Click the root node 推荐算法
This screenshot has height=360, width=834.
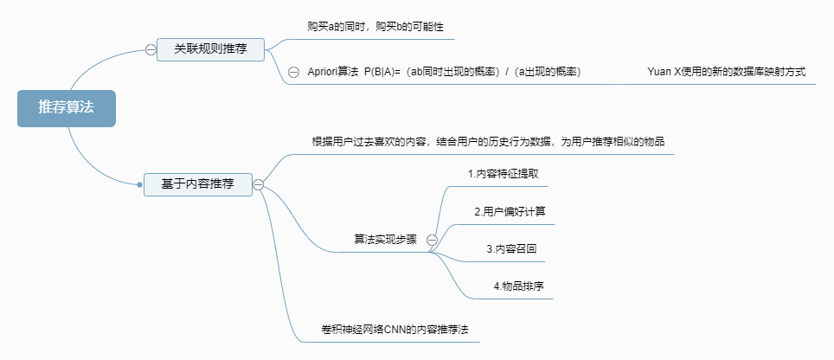pyautogui.click(x=66, y=108)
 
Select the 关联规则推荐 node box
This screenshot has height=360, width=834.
pyautogui.click(x=210, y=49)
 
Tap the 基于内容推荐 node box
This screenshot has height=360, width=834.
pyautogui.click(x=197, y=183)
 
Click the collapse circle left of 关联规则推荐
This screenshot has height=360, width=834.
pyautogui.click(x=151, y=50)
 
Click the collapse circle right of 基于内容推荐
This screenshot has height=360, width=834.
pyautogui.click(x=258, y=183)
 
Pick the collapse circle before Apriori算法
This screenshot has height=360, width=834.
pyautogui.click(x=293, y=73)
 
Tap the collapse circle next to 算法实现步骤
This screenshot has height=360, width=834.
pyautogui.click(x=432, y=240)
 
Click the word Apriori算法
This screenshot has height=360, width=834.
pyautogui.click(x=333, y=73)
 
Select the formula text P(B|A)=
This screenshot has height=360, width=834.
pyautogui.click(x=383, y=73)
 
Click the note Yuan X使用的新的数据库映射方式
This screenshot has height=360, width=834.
pyautogui.click(x=726, y=72)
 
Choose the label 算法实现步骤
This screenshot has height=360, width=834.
pyautogui.click(x=386, y=240)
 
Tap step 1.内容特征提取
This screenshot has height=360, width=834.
pyautogui.click(x=504, y=173)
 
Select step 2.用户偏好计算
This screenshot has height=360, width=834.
pyautogui.click(x=510, y=211)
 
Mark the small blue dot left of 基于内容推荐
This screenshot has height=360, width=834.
pyautogui.click(x=139, y=184)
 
